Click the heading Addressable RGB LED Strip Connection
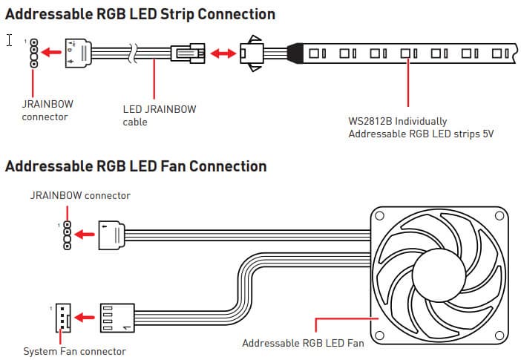(140, 14)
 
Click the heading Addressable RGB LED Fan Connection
(135, 166)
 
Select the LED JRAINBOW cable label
(159, 115)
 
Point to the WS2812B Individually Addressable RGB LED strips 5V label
(421, 127)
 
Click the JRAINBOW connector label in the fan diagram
(80, 195)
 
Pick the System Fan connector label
(74, 351)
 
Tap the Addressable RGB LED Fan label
(304, 343)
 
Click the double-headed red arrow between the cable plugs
(223, 53)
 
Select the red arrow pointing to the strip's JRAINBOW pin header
(51, 53)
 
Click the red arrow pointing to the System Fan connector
(86, 316)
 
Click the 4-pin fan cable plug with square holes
(117, 316)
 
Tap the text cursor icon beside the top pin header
(10, 39)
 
